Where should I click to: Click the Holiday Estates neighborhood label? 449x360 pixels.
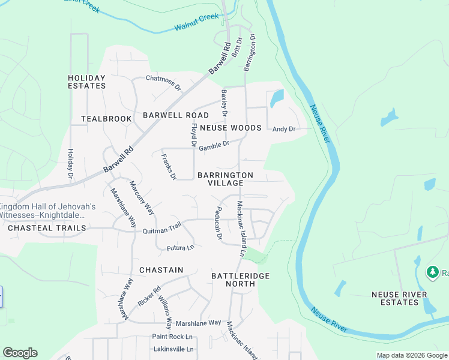tap(86, 82)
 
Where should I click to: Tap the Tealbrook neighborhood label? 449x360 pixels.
tap(106, 119)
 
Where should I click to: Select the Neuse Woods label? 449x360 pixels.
tap(231, 128)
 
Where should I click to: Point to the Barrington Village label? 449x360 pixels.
tap(226, 179)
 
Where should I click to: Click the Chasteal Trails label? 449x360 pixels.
tap(47, 228)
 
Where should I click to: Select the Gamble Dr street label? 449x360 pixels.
tap(214, 145)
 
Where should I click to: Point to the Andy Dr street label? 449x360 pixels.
tap(284, 129)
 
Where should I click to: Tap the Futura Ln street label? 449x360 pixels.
tap(181, 247)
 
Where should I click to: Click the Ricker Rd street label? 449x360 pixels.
tap(149, 296)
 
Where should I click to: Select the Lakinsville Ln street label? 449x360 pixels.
tap(173, 349)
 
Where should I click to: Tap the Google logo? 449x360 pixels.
tap(20, 353)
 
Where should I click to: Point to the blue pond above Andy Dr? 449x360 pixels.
tap(276, 98)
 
